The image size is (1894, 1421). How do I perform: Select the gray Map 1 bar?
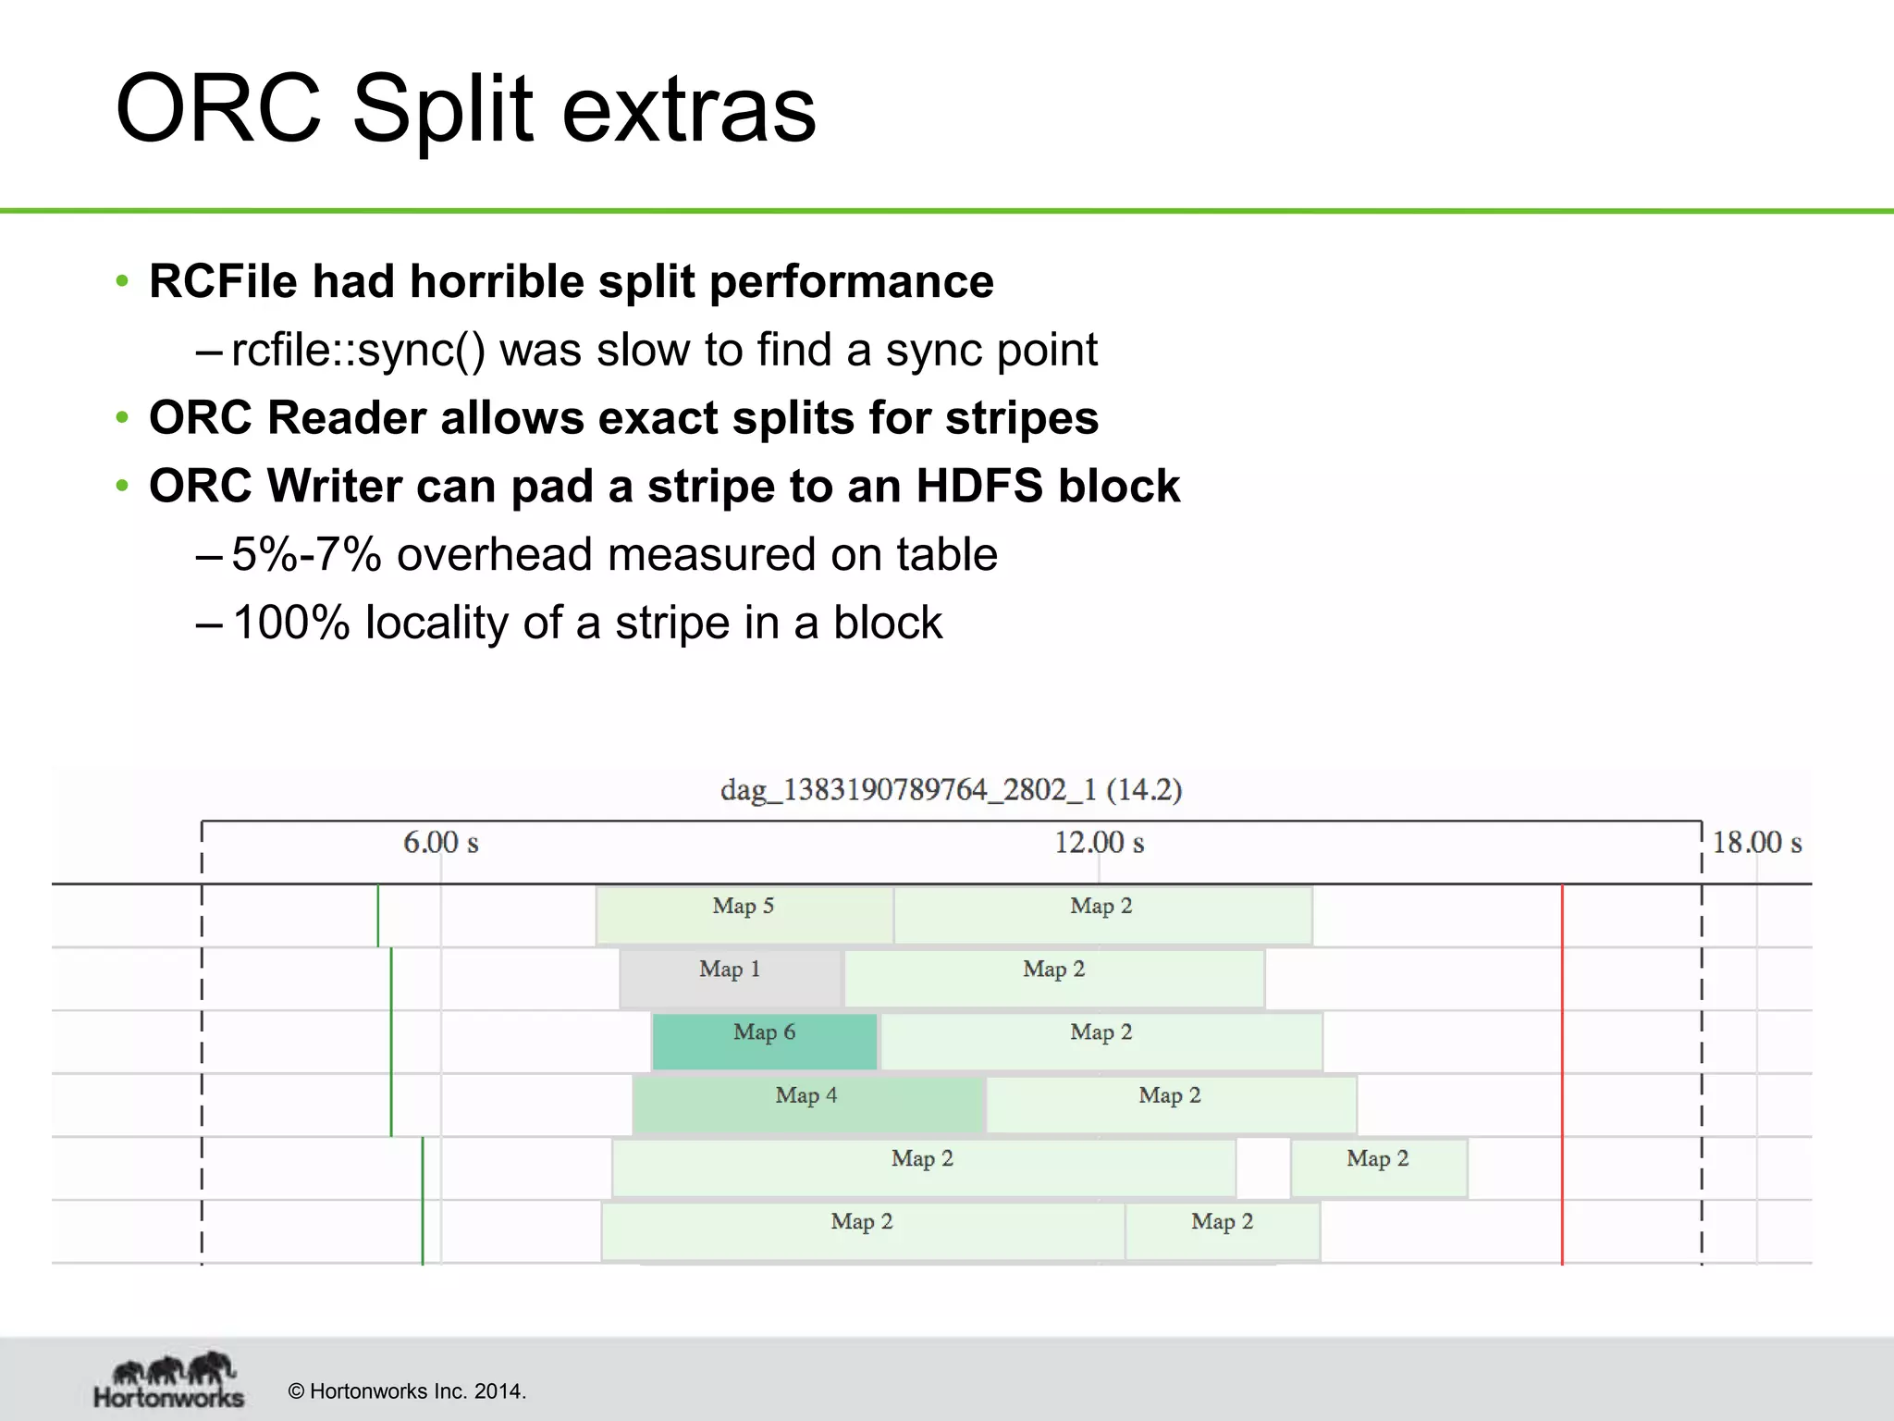[731, 978]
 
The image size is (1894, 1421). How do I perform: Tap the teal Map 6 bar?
[764, 1041]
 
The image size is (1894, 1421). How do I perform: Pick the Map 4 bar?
[806, 1104]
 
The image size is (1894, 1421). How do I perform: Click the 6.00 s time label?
[440, 843]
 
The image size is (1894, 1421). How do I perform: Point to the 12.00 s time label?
[1099, 843]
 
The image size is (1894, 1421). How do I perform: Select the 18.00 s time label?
[1756, 843]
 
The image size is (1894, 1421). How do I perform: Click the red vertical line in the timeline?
[1562, 1073]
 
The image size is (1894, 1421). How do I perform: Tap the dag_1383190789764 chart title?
[951, 790]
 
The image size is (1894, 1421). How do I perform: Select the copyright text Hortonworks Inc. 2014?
[407, 1391]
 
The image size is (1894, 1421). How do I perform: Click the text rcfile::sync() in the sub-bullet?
[357, 350]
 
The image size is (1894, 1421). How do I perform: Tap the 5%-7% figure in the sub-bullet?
[306, 554]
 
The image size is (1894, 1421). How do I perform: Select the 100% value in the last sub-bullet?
[290, 623]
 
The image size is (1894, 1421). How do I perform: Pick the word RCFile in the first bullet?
[223, 281]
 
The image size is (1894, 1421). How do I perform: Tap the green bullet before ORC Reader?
[122, 418]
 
